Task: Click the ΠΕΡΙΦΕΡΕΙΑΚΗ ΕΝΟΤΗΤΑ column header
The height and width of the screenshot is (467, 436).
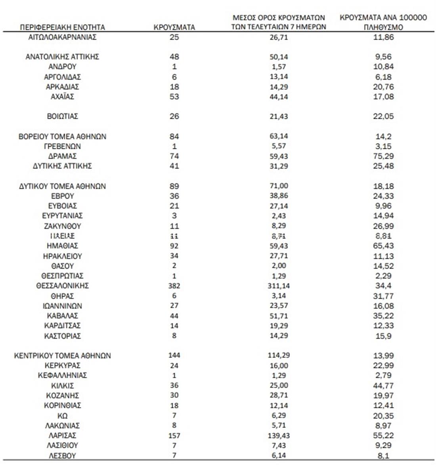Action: pos(62,27)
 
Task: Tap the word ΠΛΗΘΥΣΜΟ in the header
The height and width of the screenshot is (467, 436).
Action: pos(383,27)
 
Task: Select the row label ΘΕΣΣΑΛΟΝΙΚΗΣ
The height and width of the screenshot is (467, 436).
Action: pos(63,286)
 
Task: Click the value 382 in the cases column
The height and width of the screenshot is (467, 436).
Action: pos(174,286)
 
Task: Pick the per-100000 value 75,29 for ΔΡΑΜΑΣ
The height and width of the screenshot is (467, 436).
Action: pos(383,156)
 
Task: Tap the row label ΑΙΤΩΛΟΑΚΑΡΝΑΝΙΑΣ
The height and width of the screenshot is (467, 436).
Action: pos(63,37)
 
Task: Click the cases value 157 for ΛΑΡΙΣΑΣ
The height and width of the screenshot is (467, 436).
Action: pos(174,435)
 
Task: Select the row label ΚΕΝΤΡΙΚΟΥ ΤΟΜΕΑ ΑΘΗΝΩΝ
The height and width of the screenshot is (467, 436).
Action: pos(63,356)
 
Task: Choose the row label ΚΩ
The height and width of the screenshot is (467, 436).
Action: pos(63,415)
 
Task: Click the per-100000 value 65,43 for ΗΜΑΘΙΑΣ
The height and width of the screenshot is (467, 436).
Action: pos(383,246)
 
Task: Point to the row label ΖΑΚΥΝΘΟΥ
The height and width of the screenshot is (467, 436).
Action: pos(63,226)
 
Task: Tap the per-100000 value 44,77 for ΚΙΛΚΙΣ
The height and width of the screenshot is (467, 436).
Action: pos(383,386)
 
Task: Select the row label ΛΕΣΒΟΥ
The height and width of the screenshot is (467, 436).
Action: pos(63,455)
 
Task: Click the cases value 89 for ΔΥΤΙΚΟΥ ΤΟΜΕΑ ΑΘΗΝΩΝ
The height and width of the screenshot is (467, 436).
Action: pos(174,186)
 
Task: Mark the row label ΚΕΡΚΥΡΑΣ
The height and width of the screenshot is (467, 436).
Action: pos(63,365)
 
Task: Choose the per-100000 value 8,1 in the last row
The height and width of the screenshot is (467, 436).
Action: pos(383,455)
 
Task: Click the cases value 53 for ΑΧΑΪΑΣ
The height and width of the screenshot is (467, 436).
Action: pos(174,97)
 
